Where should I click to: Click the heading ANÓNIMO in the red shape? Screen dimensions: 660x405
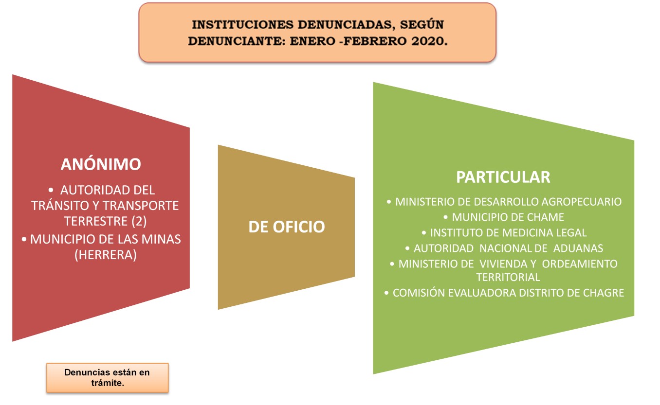click(101, 164)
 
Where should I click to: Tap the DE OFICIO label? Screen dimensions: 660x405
click(286, 227)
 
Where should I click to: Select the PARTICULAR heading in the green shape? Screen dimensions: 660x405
click(503, 177)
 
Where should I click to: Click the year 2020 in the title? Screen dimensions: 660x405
click(429, 41)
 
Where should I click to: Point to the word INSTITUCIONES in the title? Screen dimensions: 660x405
click(242, 25)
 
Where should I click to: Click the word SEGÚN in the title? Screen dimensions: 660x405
click(422, 25)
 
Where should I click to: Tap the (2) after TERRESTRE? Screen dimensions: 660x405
click(139, 221)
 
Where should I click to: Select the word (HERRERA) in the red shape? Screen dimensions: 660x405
click(106, 255)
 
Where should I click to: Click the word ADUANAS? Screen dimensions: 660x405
click(578, 248)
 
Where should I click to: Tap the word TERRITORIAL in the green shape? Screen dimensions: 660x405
click(508, 277)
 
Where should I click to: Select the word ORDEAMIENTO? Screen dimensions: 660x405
click(580, 264)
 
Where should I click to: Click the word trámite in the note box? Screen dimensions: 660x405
click(108, 383)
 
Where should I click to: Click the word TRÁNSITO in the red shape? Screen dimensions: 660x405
click(60, 206)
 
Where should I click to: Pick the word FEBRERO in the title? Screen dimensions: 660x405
click(375, 41)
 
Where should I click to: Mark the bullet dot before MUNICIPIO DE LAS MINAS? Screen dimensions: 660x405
click(24, 239)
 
